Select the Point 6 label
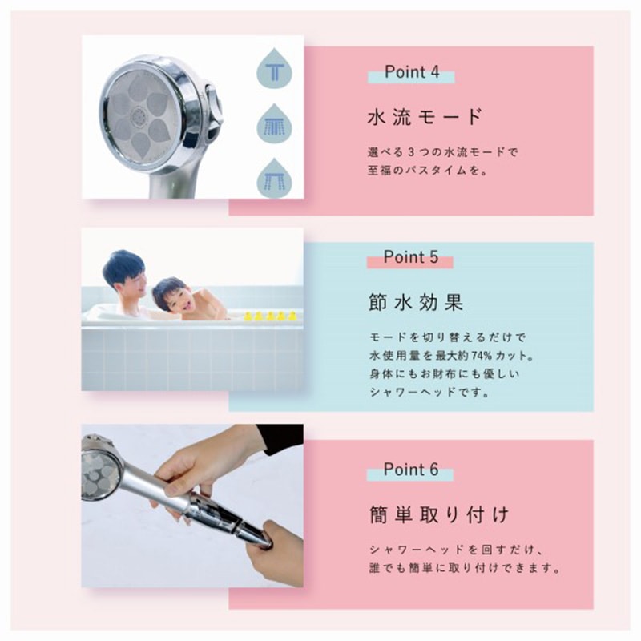point(410,470)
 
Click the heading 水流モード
point(425,117)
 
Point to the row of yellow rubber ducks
point(269,316)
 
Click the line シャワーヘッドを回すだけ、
point(457,550)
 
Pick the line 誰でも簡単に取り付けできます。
point(464,569)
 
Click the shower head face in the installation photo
point(101,474)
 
